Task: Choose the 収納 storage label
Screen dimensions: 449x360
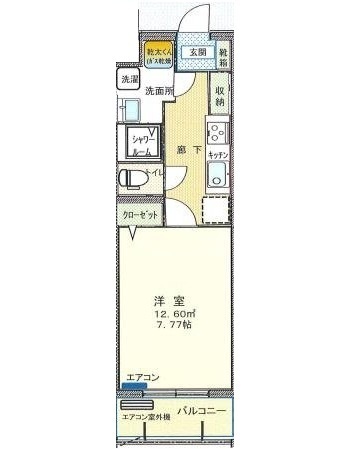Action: click(219, 96)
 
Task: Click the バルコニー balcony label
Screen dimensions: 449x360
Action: click(202, 411)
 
